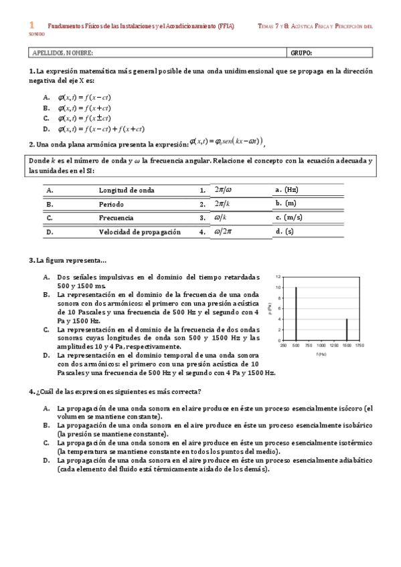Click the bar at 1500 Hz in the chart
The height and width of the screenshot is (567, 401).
coord(346,330)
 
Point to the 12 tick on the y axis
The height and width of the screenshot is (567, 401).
coord(278,276)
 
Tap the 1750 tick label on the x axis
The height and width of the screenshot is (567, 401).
coord(359,346)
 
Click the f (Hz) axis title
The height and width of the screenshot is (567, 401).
coord(321,354)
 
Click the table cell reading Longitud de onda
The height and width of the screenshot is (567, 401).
coord(127,190)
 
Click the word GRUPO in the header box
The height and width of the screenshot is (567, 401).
coord(301,53)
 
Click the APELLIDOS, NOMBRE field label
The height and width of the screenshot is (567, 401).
coord(63,53)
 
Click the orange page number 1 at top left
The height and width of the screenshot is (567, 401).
coord(31,24)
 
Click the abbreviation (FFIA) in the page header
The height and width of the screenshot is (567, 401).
coord(221,25)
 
